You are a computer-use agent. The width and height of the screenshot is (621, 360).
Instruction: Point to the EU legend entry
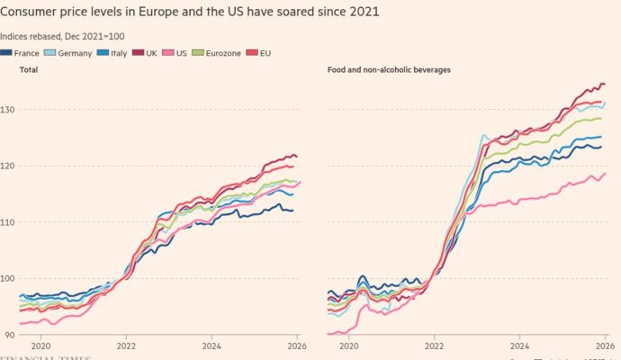click(271, 53)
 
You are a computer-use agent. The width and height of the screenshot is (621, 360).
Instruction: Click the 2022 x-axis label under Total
click(125, 345)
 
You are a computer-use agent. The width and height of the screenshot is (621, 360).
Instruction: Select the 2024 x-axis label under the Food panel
click(519, 345)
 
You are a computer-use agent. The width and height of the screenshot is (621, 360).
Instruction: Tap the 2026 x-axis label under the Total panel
click(293, 345)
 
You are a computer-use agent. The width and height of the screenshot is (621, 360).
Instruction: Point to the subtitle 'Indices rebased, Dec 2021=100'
click(63, 36)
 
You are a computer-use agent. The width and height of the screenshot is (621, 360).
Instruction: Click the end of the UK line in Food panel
click(604, 85)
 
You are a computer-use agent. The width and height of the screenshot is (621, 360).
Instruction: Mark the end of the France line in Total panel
click(292, 211)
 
